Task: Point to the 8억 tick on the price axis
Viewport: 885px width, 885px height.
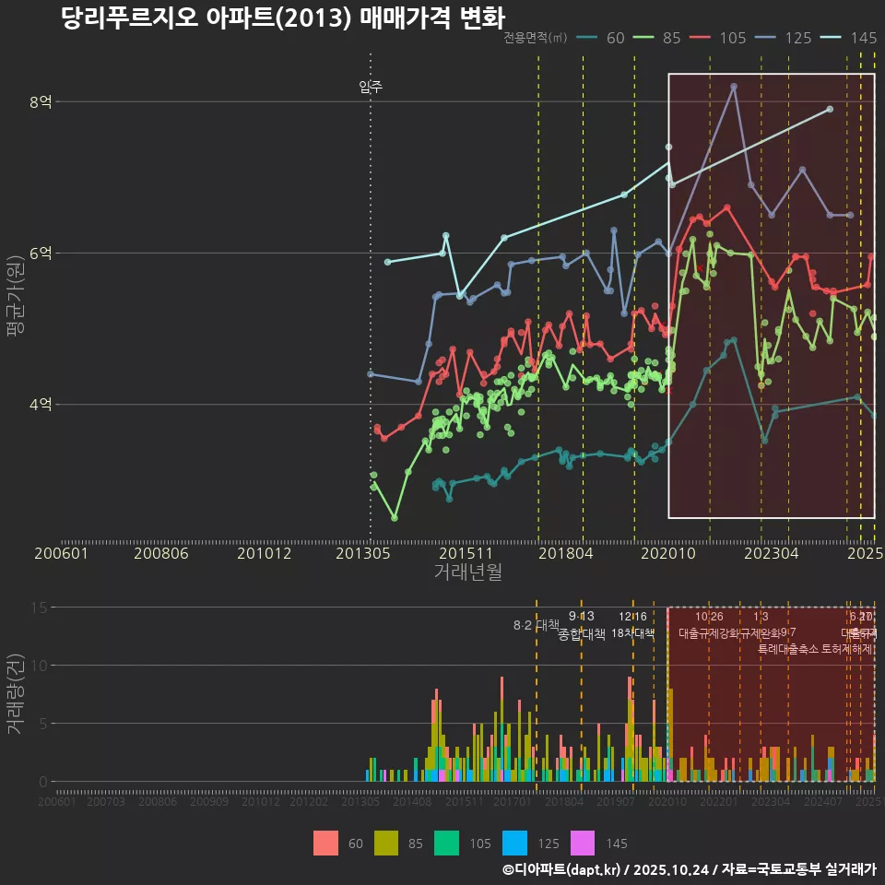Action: pyautogui.click(x=41, y=101)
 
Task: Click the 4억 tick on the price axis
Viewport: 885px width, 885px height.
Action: pyautogui.click(x=41, y=404)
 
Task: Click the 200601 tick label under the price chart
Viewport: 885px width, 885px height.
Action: pyautogui.click(x=61, y=554)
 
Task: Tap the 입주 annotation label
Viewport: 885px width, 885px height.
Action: pyautogui.click(x=371, y=88)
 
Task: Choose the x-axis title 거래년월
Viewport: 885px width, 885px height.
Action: pyautogui.click(x=467, y=572)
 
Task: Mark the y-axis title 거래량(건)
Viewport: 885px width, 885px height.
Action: pyautogui.click(x=16, y=694)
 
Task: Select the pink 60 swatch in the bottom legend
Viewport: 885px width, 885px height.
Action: pyautogui.click(x=326, y=843)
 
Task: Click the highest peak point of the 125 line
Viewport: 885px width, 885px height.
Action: pyautogui.click(x=734, y=87)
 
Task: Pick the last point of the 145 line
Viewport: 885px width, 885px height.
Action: pyautogui.click(x=830, y=110)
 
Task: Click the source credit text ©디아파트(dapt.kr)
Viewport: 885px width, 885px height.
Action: pyautogui.click(x=561, y=869)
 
